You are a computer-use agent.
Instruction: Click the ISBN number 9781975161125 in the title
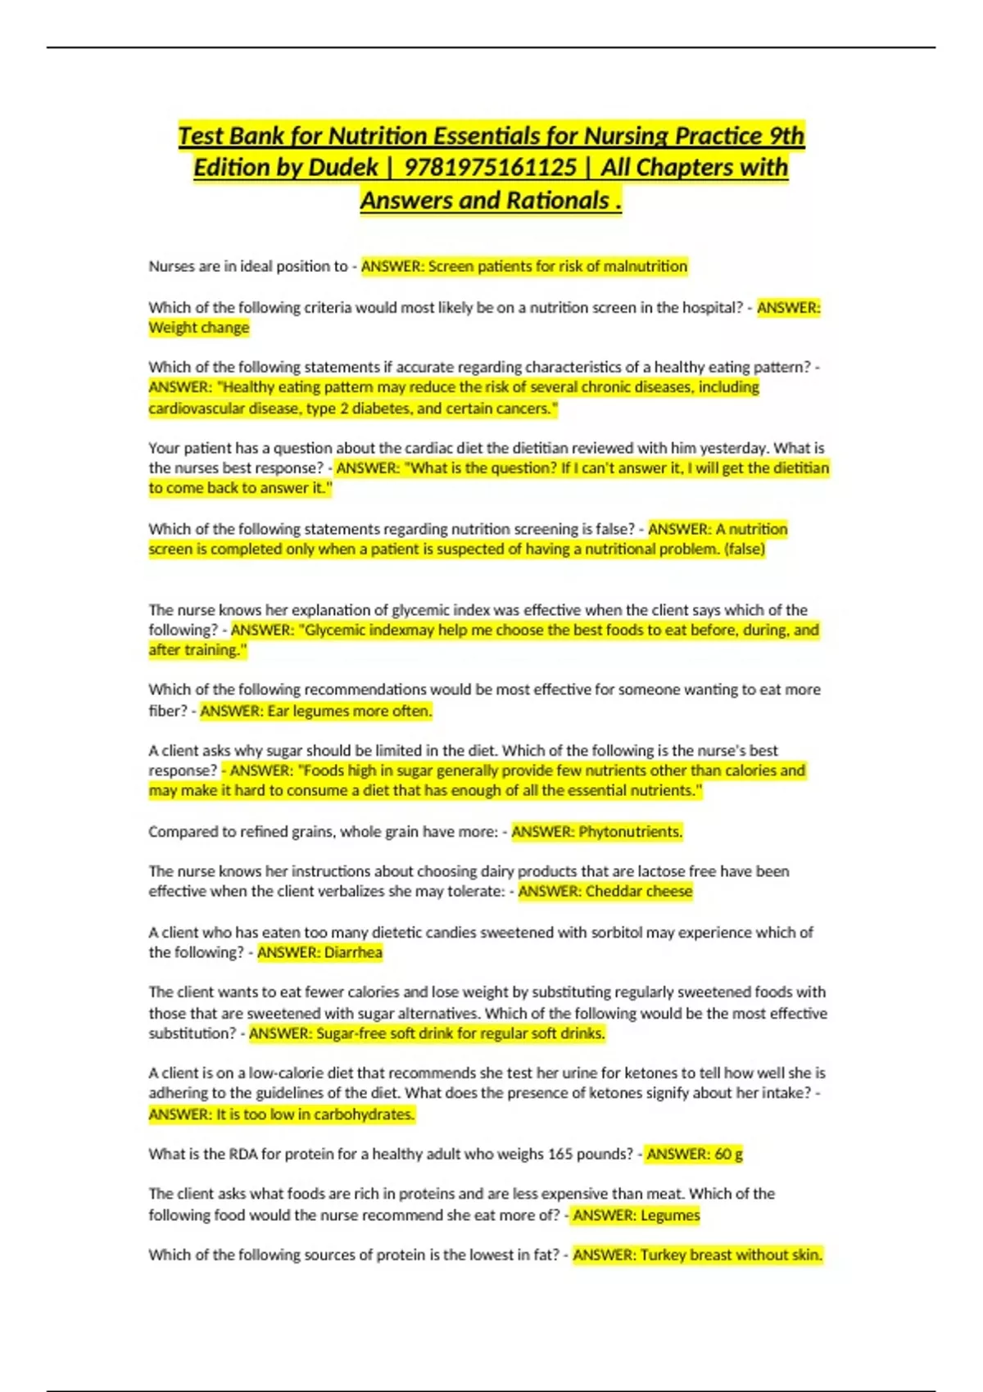pyautogui.click(x=491, y=168)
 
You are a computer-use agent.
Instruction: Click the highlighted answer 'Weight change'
pyautogui.click(x=199, y=328)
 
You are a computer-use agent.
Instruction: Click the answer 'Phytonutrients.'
pyautogui.click(x=630, y=832)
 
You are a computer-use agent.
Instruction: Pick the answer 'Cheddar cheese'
pyautogui.click(x=639, y=891)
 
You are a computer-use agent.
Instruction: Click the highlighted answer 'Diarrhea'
pyautogui.click(x=353, y=952)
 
